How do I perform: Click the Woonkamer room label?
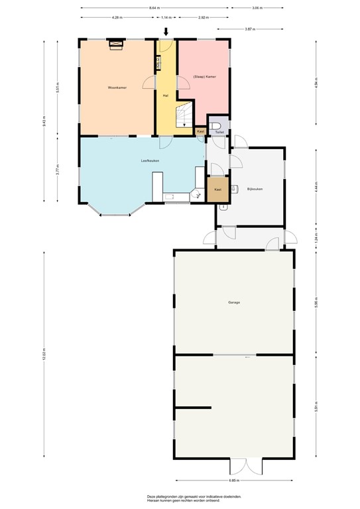tap(117, 87)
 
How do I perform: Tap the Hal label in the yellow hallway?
tap(165, 95)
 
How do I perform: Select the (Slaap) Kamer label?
tap(204, 76)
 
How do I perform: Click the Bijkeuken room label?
tap(255, 190)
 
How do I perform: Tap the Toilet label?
tap(219, 132)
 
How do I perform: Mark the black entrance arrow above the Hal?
tap(166, 31)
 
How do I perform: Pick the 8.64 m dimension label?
tap(154, 8)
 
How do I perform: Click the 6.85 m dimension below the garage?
tap(234, 481)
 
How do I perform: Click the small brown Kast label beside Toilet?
tap(200, 132)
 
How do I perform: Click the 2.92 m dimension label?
tap(203, 18)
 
